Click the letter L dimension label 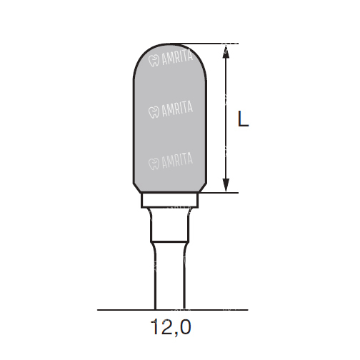click(244, 119)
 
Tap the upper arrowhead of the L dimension click(226, 51)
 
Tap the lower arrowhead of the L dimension click(226, 185)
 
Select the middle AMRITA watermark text click(177, 109)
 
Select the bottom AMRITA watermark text click(177, 161)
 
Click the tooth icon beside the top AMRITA click(154, 61)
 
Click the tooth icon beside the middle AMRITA click(154, 112)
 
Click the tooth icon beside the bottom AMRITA click(154, 164)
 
